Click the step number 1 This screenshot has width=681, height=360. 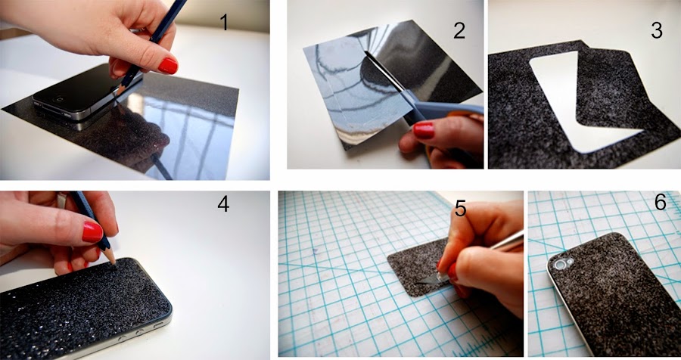coord(224,22)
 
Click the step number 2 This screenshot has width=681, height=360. coord(459,30)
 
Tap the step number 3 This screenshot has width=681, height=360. coord(657,30)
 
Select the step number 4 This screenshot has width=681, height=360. coord(223,203)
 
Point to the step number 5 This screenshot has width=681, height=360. coord(460,209)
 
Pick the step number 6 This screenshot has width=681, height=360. coord(660,202)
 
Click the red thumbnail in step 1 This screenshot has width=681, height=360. coord(168,66)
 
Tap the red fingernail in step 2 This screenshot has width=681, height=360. coord(423,130)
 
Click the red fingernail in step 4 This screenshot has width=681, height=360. coord(92,232)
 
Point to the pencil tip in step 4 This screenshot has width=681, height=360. coord(113,262)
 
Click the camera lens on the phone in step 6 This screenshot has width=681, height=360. coord(559,264)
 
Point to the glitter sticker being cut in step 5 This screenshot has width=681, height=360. coord(417,267)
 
